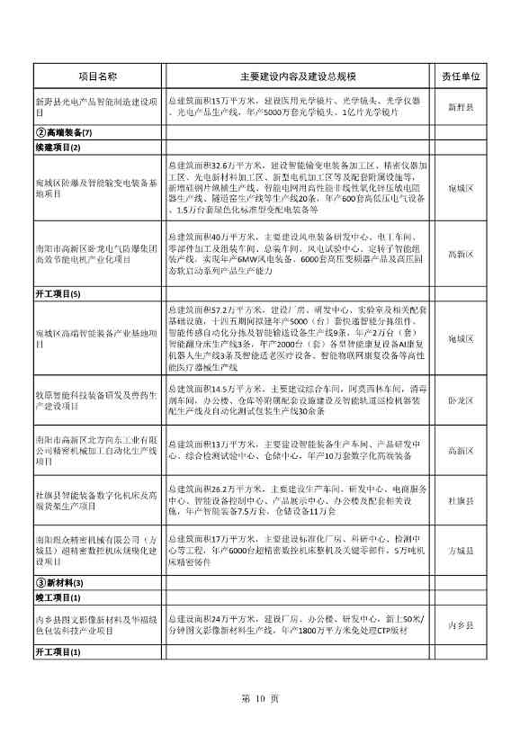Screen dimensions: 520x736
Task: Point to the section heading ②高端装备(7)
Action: coord(63,132)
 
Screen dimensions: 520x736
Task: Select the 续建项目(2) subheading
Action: coord(58,147)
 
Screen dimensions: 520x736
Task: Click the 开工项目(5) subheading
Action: coord(58,293)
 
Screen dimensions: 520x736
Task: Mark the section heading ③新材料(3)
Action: coord(59,582)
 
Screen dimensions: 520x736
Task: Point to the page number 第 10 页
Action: coord(261,698)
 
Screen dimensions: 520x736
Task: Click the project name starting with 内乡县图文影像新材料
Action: coord(98,624)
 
